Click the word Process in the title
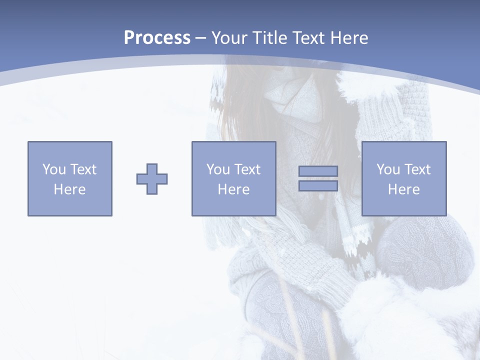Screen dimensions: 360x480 (157, 38)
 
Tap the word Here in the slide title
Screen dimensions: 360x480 (349, 38)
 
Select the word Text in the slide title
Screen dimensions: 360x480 (309, 38)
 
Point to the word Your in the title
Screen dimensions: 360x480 (230, 38)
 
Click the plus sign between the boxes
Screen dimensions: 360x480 (152, 179)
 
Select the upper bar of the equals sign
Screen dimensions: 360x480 (318, 171)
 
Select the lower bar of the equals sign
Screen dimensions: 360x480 (318, 185)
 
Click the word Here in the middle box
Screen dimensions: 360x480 (233, 189)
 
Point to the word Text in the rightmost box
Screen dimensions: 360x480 (417, 169)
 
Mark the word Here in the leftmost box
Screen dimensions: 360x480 (69, 189)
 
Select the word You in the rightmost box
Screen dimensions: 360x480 (388, 169)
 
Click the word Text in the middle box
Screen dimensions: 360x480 (247, 169)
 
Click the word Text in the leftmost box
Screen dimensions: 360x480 (83, 169)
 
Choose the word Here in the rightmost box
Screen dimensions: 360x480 (403, 189)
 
